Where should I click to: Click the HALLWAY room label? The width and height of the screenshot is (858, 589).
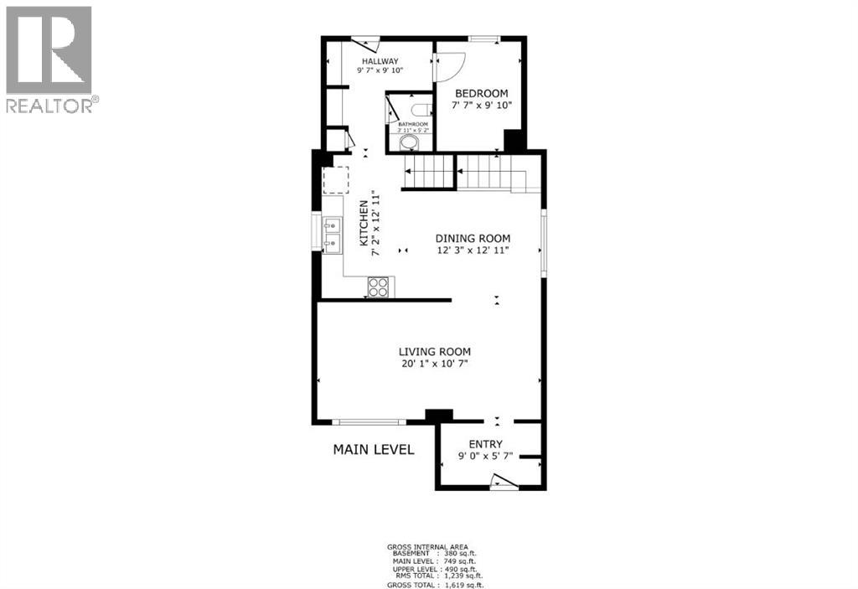[x=380, y=62]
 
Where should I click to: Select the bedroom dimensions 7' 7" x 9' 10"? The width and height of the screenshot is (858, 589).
[x=482, y=106]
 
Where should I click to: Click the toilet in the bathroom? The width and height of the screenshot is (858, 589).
[x=421, y=108]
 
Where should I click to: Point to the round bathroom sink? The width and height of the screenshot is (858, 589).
[x=408, y=143]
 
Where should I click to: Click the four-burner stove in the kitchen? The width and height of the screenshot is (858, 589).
[x=379, y=287]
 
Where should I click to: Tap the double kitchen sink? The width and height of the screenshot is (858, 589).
[x=332, y=235]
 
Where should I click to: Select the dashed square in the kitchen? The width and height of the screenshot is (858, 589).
[x=336, y=179]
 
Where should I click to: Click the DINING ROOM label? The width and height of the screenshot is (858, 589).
[x=472, y=238]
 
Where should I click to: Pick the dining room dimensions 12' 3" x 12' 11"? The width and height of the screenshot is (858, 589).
[x=472, y=251]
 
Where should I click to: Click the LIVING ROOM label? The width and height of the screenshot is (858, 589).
[x=434, y=352]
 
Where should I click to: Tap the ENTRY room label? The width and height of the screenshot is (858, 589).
[x=486, y=444]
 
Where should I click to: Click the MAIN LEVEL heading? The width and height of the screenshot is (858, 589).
[x=374, y=449]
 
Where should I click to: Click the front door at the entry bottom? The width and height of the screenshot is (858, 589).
[x=503, y=482]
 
